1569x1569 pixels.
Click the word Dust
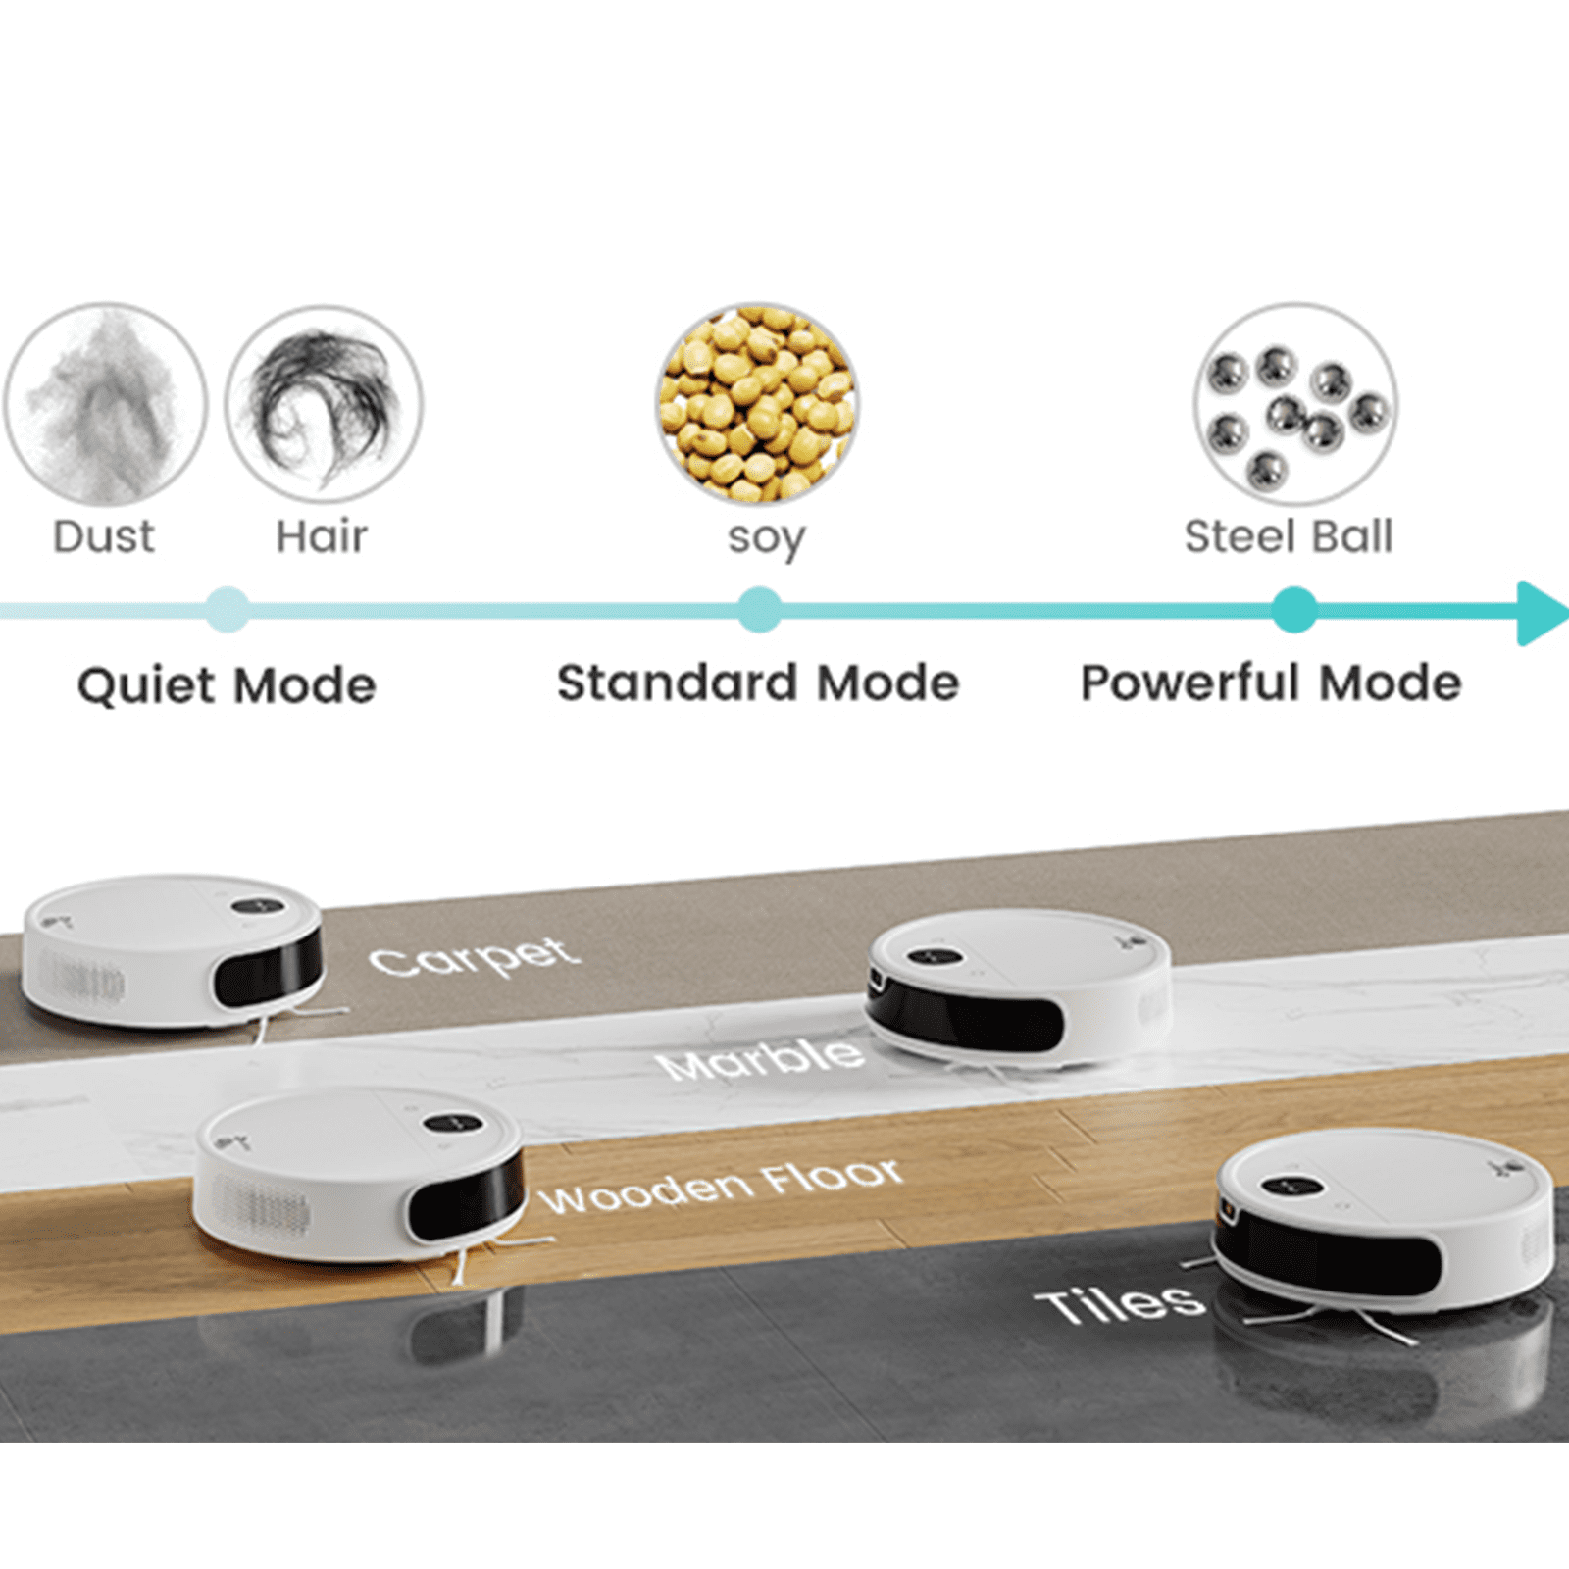click(x=104, y=536)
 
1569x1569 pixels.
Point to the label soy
click(x=766, y=538)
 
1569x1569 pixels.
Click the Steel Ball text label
click(x=1288, y=536)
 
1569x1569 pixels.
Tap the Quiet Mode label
click(x=227, y=684)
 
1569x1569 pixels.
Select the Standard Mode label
click(x=758, y=683)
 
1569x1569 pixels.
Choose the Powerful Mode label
click(x=1271, y=683)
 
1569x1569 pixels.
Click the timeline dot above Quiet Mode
click(x=228, y=610)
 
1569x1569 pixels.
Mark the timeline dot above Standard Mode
click(x=759, y=610)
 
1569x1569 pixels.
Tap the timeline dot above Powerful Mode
click(x=1294, y=610)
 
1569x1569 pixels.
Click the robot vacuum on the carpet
click(x=174, y=949)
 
